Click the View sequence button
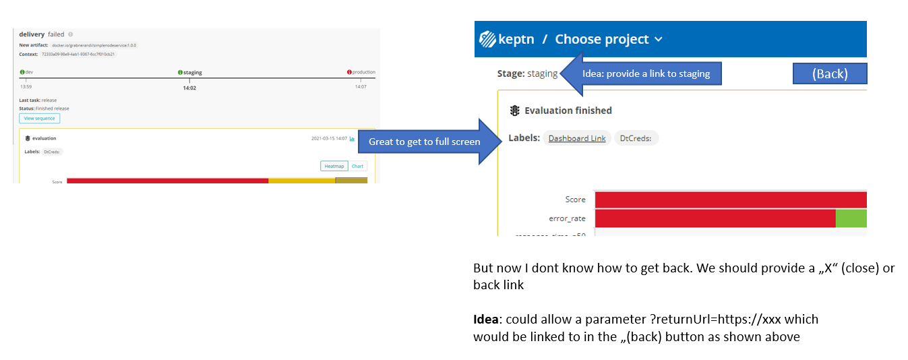click(x=39, y=119)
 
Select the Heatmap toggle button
click(x=334, y=166)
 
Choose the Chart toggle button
click(x=357, y=166)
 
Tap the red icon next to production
click(x=349, y=72)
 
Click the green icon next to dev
click(x=22, y=72)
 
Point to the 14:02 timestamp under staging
click(x=189, y=88)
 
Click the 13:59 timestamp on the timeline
click(x=26, y=87)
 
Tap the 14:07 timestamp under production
click(x=361, y=87)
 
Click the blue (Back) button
click(x=829, y=73)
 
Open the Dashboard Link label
click(x=577, y=138)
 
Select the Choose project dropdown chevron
click(x=659, y=40)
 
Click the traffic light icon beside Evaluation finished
click(x=514, y=111)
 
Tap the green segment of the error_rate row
click(x=851, y=218)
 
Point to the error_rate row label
click(x=567, y=218)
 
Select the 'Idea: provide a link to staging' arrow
click(x=640, y=73)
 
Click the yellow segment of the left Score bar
click(x=301, y=181)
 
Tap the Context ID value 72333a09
click(x=78, y=54)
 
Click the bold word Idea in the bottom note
click(x=486, y=319)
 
